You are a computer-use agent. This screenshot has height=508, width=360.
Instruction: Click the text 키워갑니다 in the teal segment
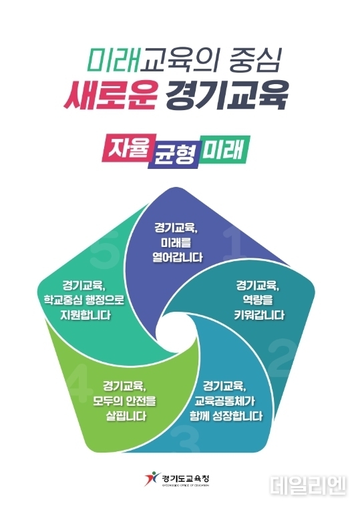pyautogui.click(x=259, y=315)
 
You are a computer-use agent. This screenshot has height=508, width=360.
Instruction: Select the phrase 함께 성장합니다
pyautogui.click(x=226, y=416)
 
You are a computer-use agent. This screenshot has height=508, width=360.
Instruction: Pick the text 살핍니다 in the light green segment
pyautogui.click(x=126, y=417)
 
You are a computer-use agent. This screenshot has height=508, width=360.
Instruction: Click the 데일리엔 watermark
pyautogui.click(x=308, y=485)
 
